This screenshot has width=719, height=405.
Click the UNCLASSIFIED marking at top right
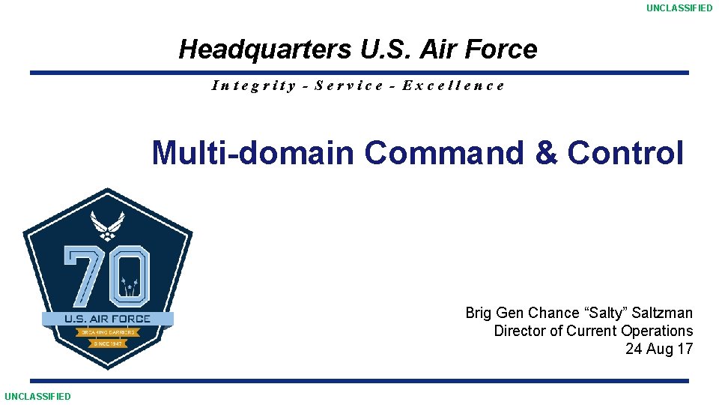(x=679, y=8)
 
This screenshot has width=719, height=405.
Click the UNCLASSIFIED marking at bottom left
(x=37, y=396)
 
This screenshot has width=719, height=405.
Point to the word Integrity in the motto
(x=254, y=85)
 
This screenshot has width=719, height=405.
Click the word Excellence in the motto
(x=453, y=85)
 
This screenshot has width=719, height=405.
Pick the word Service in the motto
(x=349, y=85)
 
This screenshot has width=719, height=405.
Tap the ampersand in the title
(x=547, y=153)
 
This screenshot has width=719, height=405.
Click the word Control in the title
(x=625, y=153)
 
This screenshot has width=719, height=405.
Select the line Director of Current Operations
(x=593, y=331)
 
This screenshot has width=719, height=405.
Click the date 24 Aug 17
(x=659, y=349)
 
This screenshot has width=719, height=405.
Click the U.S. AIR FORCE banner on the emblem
(x=107, y=319)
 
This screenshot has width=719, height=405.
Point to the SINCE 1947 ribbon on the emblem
(x=107, y=343)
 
